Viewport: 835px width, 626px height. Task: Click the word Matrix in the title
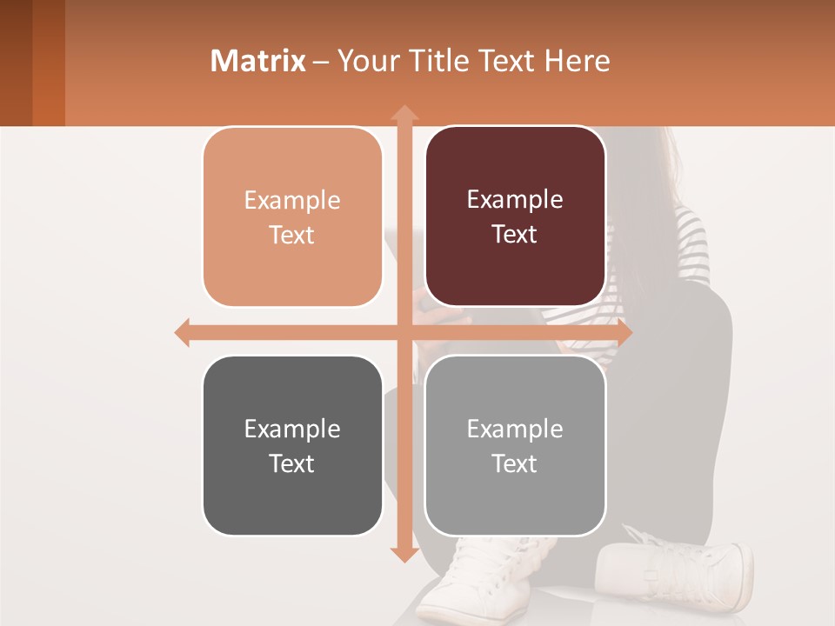pyautogui.click(x=257, y=61)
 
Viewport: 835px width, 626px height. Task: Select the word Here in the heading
pyautogui.click(x=577, y=61)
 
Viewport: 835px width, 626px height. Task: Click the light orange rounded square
pyautogui.click(x=292, y=217)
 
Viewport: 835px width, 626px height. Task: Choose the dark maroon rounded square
pyautogui.click(x=515, y=216)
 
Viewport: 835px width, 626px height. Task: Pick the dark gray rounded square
pyautogui.click(x=292, y=445)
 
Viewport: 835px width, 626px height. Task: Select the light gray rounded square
pyautogui.click(x=515, y=445)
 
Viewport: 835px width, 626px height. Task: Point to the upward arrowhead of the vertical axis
pyautogui.click(x=404, y=112)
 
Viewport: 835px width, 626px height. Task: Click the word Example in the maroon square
pyautogui.click(x=515, y=200)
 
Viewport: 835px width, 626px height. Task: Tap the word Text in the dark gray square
pyautogui.click(x=292, y=463)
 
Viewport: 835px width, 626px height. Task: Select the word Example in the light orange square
pyautogui.click(x=292, y=201)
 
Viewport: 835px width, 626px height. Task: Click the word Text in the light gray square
pyautogui.click(x=515, y=463)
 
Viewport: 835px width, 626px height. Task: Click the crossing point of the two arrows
pyautogui.click(x=404, y=332)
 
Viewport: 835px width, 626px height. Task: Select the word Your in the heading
pyautogui.click(x=365, y=61)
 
